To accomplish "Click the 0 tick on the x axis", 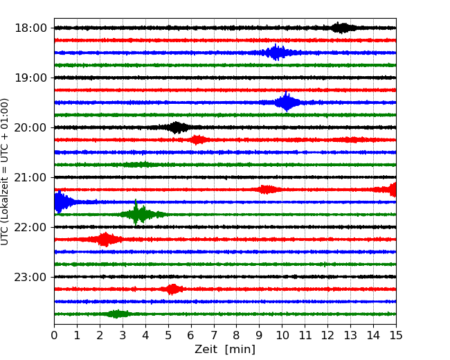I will pos(54,336).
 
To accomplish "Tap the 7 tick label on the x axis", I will pos(214,336).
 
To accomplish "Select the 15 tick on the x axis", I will pos(396,336).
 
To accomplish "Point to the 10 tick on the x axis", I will pos(282,336).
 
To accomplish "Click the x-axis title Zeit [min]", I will pos(225,350).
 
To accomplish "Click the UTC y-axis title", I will pos(6,171).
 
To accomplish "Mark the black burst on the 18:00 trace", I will pos(341,28).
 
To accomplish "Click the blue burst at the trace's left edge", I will pos(61,202).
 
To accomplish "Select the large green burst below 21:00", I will pos(139,215).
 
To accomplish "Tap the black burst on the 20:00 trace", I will pos(177,127).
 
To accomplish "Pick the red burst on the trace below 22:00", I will pos(105,240).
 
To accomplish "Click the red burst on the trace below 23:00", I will pos(172,289).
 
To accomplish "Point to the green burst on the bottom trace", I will pos(118,314).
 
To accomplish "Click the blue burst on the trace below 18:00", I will pos(277,53).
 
